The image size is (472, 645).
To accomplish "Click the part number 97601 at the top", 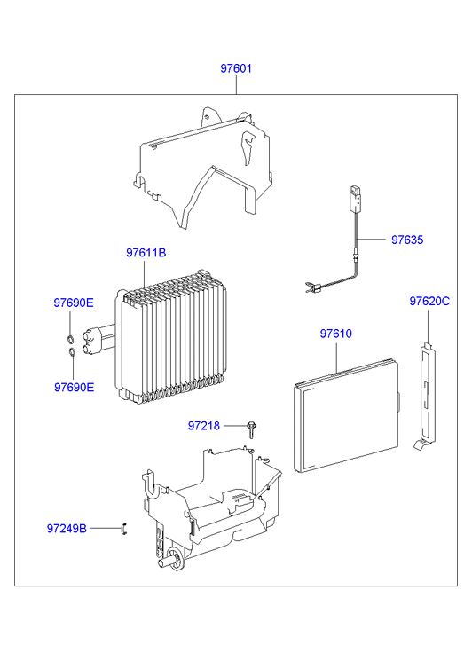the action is (236, 68).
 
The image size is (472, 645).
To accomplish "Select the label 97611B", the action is (146, 253).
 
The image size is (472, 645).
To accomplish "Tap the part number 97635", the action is (407, 240).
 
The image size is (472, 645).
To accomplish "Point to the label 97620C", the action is (429, 301).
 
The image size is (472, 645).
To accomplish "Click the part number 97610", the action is (335, 334).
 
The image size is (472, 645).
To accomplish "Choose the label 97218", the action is (204, 426).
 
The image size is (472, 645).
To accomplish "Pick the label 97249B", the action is (67, 529).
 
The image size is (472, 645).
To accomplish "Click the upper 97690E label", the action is (74, 303).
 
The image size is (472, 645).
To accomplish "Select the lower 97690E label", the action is (74, 387).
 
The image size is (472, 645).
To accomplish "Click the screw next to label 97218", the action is (250, 429).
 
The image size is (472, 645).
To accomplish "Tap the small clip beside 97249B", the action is (124, 529).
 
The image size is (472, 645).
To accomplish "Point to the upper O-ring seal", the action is (70, 339).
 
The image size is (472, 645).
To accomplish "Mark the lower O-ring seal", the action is (72, 352).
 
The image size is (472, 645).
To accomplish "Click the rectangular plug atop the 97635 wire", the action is (356, 198).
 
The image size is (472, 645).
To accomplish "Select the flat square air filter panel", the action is (347, 415).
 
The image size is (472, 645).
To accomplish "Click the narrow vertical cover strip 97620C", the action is (427, 396).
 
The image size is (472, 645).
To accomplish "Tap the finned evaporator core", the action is (171, 337).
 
